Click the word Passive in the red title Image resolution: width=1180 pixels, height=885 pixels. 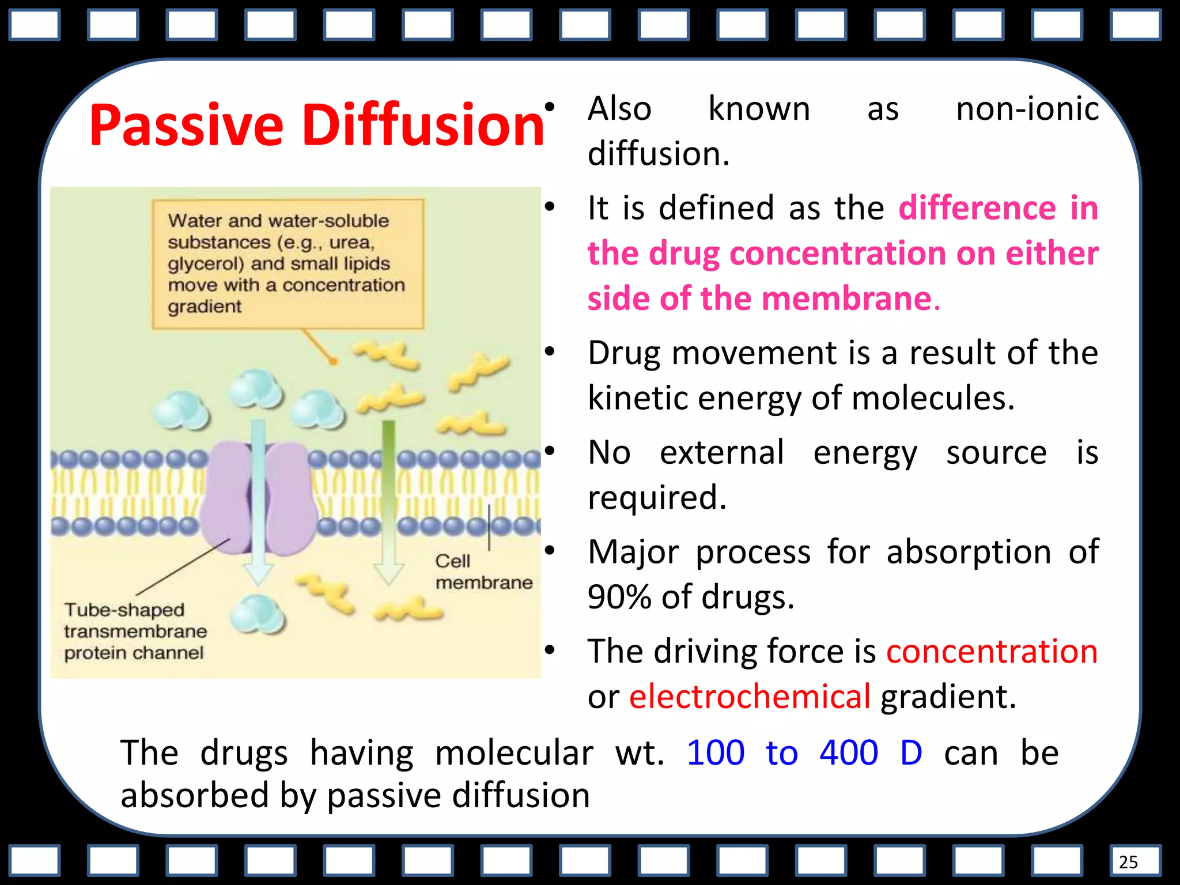[x=186, y=126]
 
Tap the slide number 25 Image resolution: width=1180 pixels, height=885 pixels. [x=1128, y=862]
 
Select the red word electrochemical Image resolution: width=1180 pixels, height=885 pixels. [x=750, y=696]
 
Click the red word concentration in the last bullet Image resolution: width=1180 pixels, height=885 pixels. [x=992, y=652]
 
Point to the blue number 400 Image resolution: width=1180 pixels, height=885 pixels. [x=849, y=752]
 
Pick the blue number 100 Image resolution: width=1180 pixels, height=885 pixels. [x=716, y=752]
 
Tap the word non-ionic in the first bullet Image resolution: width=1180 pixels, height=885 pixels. [x=1027, y=109]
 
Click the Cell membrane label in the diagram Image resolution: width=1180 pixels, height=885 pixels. [x=483, y=572]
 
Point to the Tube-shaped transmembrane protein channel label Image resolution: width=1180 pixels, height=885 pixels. [x=134, y=631]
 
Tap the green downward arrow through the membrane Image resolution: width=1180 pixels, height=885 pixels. [x=389, y=501]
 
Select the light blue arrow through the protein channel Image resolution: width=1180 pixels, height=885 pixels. [x=259, y=501]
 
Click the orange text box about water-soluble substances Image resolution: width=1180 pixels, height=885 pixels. [x=288, y=264]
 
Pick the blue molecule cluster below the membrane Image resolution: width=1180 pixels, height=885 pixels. [x=258, y=615]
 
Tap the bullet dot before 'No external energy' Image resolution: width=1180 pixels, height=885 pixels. [x=550, y=451]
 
